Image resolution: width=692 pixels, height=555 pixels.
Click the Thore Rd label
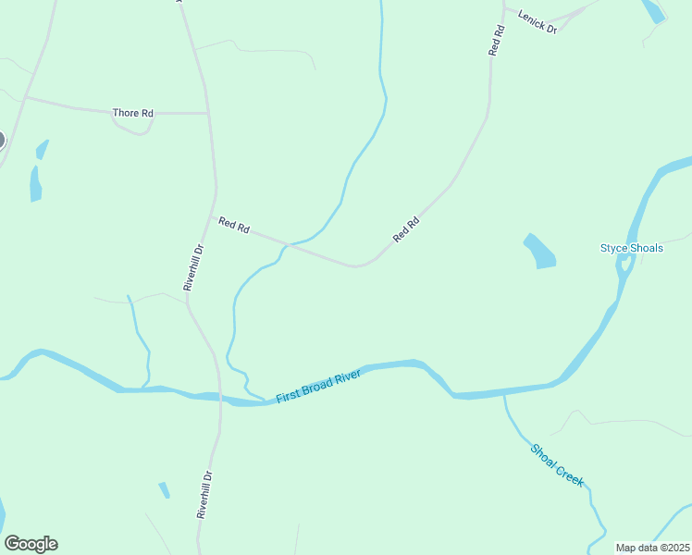pyautogui.click(x=132, y=113)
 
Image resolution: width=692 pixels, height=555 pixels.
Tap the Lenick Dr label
pyautogui.click(x=538, y=21)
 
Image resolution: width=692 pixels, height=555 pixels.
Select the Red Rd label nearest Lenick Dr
pyautogui.click(x=497, y=42)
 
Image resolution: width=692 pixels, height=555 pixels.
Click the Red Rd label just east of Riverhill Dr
pyautogui.click(x=234, y=225)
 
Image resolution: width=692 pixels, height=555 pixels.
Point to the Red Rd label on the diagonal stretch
pyautogui.click(x=406, y=229)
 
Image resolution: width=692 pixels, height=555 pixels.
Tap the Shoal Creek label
pyautogui.click(x=558, y=464)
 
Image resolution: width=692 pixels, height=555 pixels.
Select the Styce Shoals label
pyautogui.click(x=632, y=248)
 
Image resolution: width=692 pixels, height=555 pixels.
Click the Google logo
pyautogui.click(x=31, y=544)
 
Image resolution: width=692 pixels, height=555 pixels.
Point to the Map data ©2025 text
pyautogui.click(x=652, y=548)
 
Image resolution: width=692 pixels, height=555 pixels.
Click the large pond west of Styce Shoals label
pyautogui.click(x=540, y=252)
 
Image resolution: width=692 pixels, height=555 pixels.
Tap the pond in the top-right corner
pyautogui.click(x=653, y=10)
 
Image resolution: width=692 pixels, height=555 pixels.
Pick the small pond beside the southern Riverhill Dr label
pyautogui.click(x=165, y=490)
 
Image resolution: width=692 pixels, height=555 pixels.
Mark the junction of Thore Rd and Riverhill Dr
pyautogui.click(x=207, y=114)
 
